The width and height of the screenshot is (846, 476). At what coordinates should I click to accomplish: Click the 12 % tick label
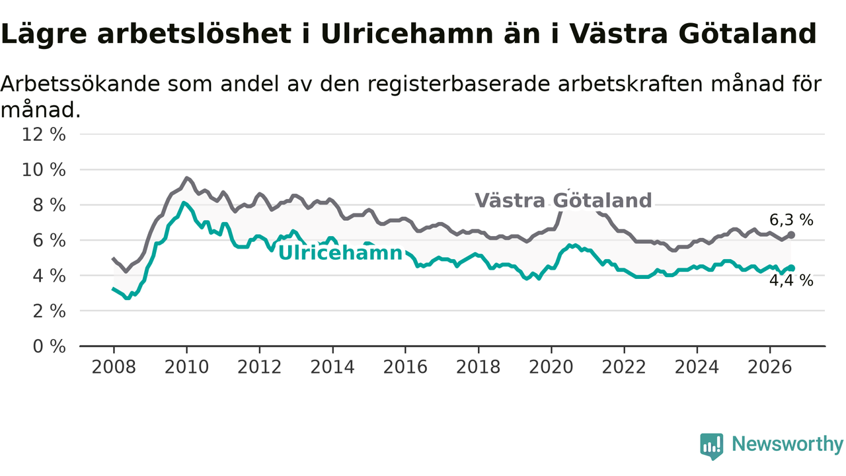pos(44,134)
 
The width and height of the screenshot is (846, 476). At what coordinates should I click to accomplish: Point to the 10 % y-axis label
pos(44,170)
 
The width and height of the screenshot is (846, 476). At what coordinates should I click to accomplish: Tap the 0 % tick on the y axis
pos(50,346)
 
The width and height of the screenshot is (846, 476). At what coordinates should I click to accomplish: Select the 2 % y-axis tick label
pos(50,311)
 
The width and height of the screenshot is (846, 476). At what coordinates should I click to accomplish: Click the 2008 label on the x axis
pos(114,367)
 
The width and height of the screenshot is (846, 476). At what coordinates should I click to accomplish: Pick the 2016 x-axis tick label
pos(405,367)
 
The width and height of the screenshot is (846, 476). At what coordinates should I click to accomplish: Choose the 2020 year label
pos(551,367)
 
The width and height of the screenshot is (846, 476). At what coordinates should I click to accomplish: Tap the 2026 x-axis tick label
pos(770,367)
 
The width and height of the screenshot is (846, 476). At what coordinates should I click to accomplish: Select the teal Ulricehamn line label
pos(340,253)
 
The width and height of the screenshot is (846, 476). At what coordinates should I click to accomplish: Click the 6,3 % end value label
pos(791,220)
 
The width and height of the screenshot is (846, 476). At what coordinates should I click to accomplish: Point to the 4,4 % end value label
pos(791,281)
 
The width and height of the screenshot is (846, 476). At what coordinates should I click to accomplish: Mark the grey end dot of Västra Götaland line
pos(791,235)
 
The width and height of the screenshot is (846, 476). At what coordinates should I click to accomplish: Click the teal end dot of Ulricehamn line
pos(791,268)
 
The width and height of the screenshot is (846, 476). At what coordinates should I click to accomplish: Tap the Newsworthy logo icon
pos(712,446)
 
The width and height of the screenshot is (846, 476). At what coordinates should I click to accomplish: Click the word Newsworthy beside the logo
pos(788,444)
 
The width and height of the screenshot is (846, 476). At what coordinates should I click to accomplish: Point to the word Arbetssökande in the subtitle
pos(80,84)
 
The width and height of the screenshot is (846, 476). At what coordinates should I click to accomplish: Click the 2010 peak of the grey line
pos(186,178)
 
